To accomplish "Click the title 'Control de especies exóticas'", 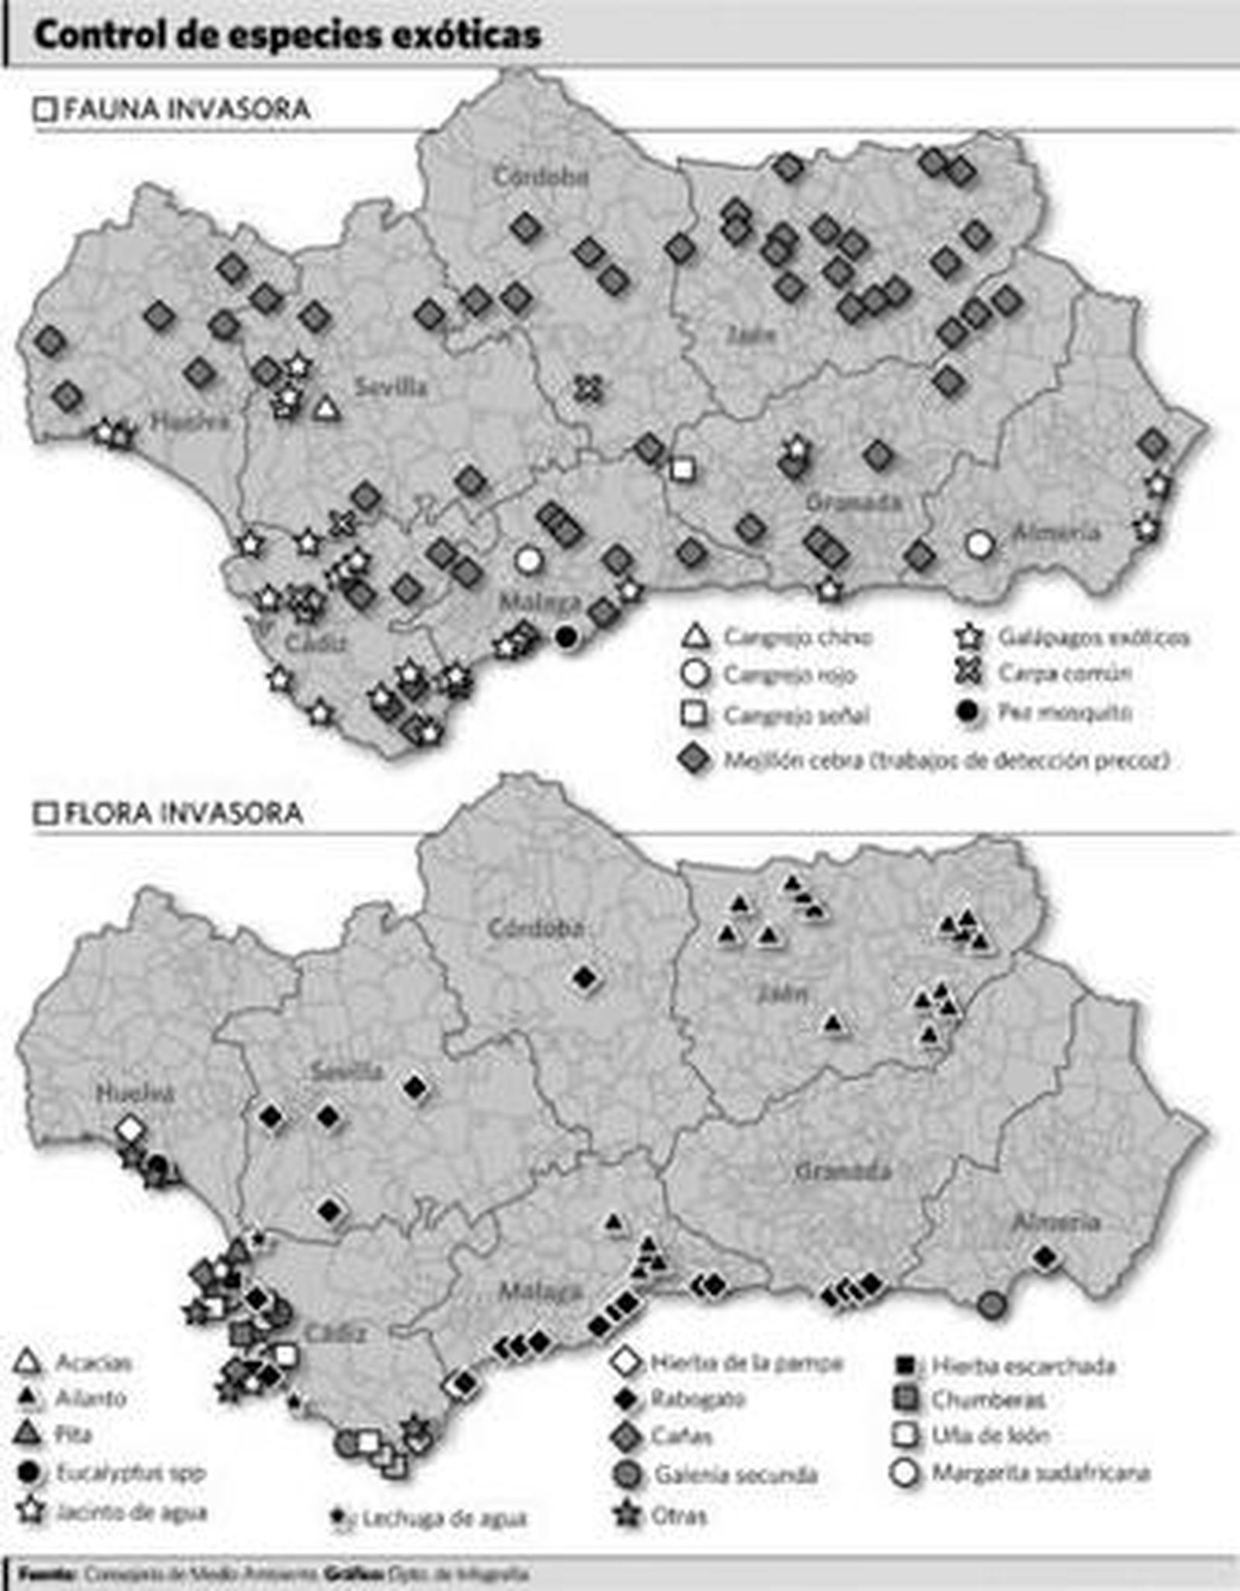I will click(x=287, y=36).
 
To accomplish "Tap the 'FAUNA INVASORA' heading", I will click(x=187, y=109).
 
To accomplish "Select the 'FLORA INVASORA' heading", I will click(x=184, y=813).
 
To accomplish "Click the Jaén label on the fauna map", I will click(x=751, y=335).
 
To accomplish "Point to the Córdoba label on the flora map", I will click(x=535, y=928).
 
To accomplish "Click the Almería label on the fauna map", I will click(x=1056, y=532).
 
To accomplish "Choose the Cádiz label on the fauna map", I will click(x=315, y=643).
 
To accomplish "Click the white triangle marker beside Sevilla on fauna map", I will click(x=327, y=408).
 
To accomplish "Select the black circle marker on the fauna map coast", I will click(x=567, y=637).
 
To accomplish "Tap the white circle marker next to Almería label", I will click(x=980, y=545).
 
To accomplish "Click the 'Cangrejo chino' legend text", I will click(x=798, y=637).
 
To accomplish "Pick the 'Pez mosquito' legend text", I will click(x=1065, y=712).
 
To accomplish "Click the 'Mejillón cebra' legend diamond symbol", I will click(x=694, y=760).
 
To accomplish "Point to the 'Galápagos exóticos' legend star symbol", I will click(x=969, y=637).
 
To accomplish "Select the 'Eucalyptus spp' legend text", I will click(x=130, y=1472).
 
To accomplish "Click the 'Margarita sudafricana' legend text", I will click(x=1040, y=1472).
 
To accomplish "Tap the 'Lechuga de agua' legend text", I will click(x=444, y=1519).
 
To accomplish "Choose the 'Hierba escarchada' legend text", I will click(x=1023, y=1366).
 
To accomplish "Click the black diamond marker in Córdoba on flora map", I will click(x=585, y=978).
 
